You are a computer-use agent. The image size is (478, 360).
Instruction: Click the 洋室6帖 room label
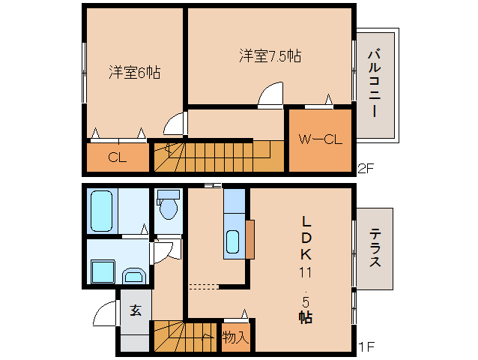click(134, 73)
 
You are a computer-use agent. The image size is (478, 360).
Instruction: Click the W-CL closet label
click(321, 139)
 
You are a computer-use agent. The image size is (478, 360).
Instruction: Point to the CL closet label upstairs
click(116, 157)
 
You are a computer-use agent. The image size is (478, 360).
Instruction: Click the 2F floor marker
click(365, 168)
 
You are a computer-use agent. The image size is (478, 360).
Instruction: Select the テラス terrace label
click(374, 247)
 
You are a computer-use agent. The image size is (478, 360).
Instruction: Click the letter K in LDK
click(306, 253)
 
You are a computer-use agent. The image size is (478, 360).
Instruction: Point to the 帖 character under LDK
click(306, 316)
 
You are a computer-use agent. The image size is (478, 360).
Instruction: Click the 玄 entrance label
click(136, 310)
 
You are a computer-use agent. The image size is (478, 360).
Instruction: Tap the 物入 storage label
click(235, 337)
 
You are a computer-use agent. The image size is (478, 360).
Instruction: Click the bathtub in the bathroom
click(102, 211)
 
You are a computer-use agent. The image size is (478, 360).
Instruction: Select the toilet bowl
click(168, 207)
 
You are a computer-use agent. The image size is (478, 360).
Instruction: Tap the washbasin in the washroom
click(134, 275)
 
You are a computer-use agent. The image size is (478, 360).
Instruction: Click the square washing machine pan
click(100, 271)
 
